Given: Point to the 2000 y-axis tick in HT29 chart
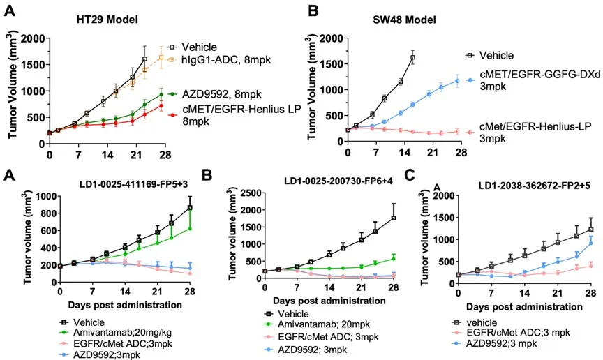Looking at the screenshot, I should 33,38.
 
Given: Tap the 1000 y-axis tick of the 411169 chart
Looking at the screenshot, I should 46,197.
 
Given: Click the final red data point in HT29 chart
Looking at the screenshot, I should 161,106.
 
